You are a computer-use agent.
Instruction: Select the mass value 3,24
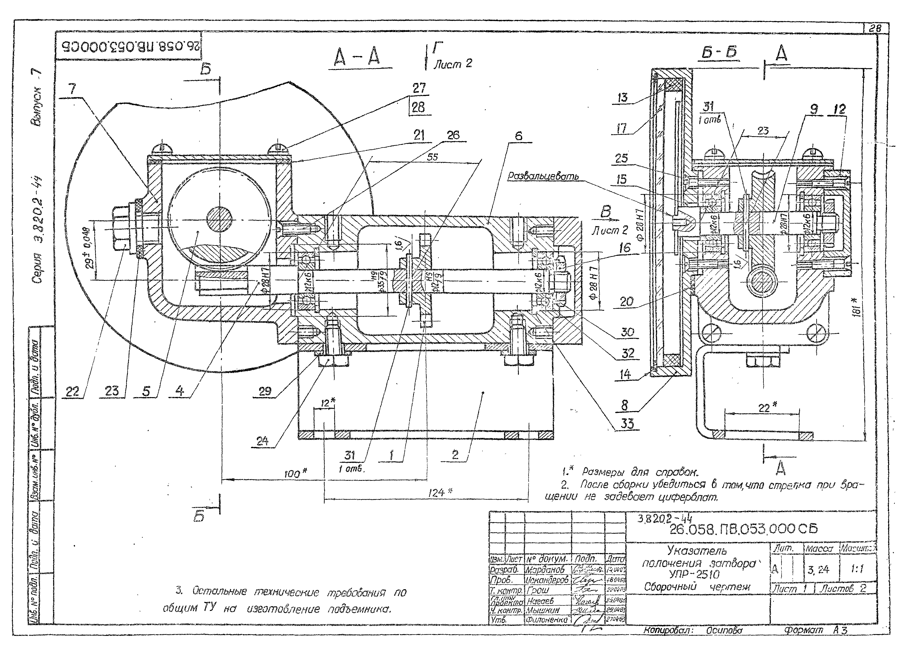(x=819, y=569)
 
